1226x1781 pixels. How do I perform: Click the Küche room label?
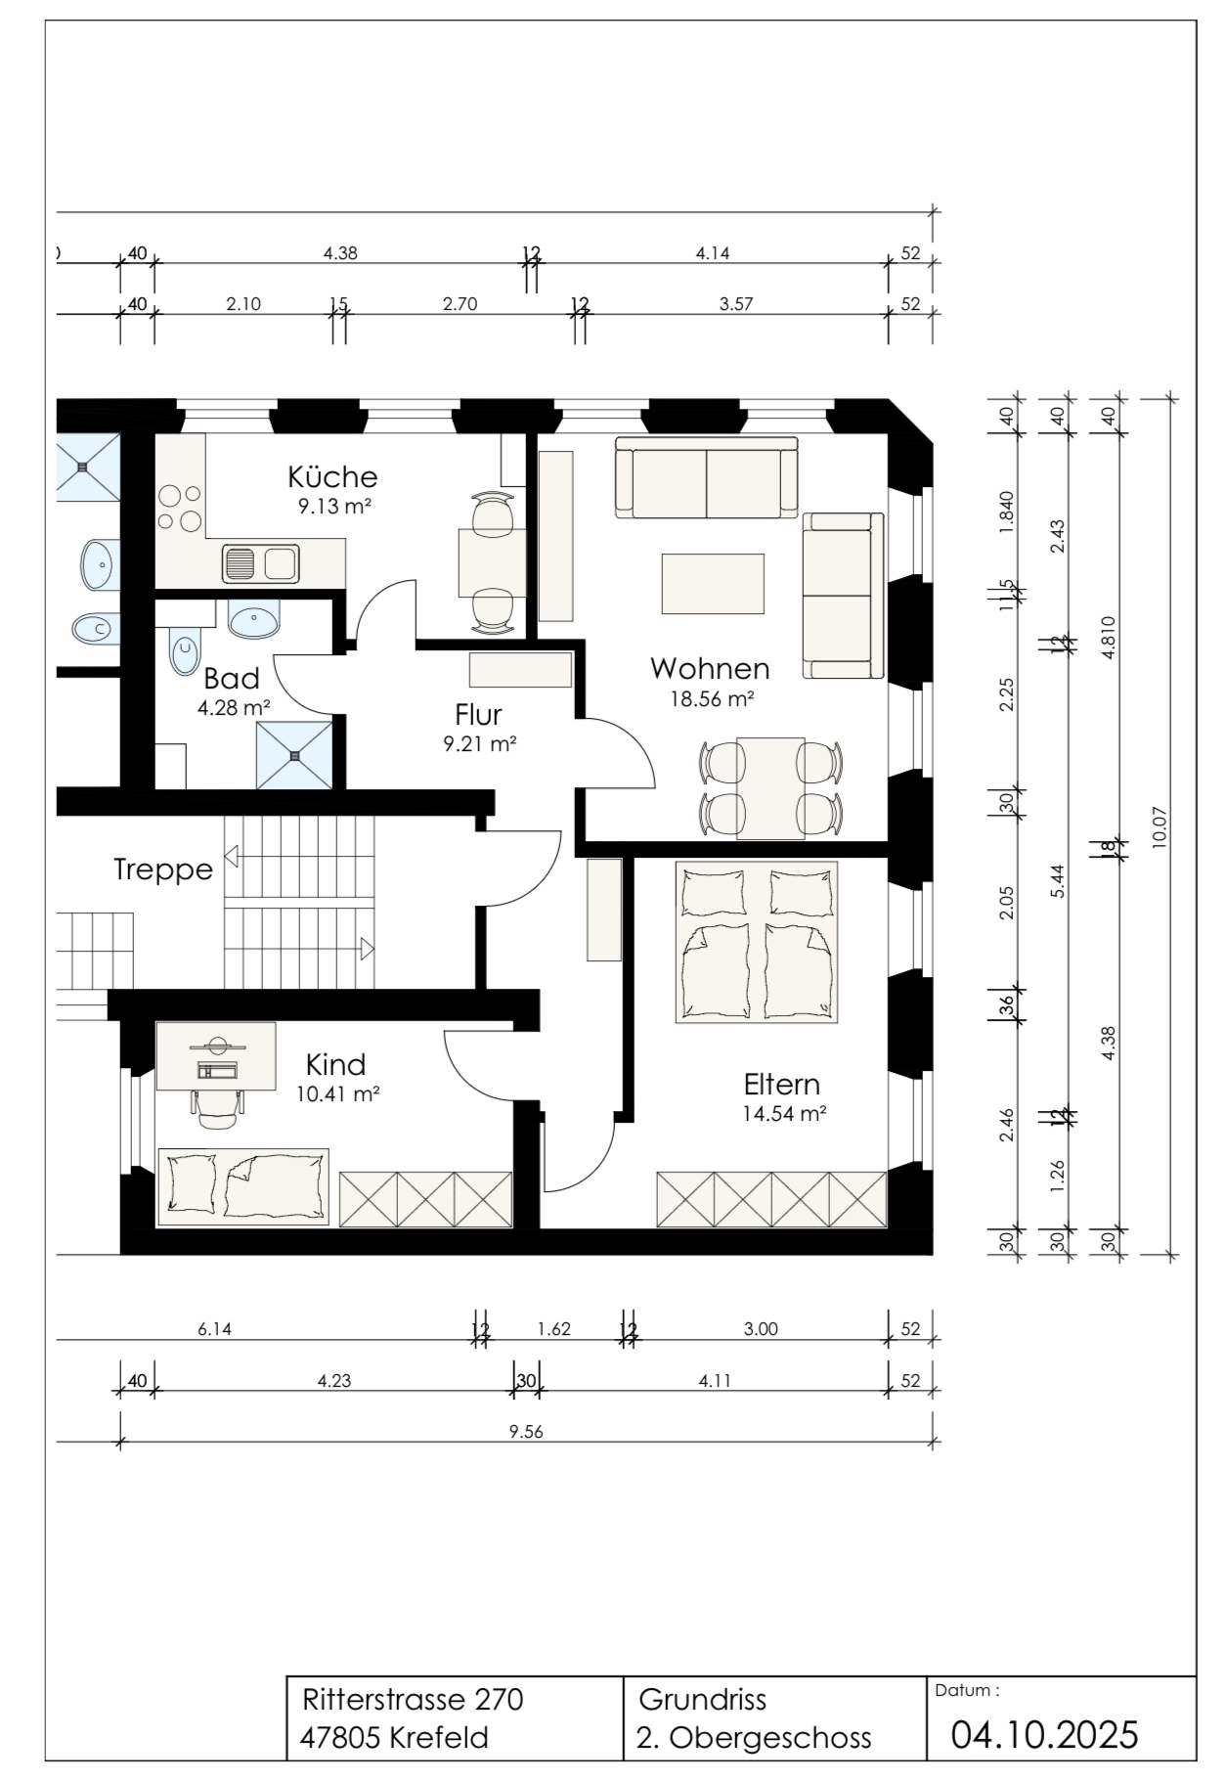click(332, 476)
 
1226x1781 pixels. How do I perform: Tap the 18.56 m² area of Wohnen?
click(711, 699)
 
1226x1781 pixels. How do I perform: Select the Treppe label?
click(163, 868)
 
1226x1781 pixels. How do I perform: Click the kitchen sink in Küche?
click(260, 563)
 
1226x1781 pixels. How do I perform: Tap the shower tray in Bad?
click(294, 755)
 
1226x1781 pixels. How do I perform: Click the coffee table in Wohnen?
click(713, 583)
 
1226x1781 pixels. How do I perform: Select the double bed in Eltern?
click(757, 942)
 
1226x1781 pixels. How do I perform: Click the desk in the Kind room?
click(216, 1055)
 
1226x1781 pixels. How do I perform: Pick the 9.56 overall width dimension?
click(526, 1432)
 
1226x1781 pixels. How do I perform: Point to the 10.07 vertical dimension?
click(1160, 826)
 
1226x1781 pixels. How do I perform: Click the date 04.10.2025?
click(1045, 1735)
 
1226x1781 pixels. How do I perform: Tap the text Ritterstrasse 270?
click(414, 1700)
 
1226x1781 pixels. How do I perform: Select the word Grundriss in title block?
click(702, 1700)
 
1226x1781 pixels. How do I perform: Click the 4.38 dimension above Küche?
click(340, 253)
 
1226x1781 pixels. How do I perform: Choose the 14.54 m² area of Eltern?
click(785, 1113)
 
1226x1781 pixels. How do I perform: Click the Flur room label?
click(478, 714)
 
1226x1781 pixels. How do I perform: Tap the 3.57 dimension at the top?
click(736, 304)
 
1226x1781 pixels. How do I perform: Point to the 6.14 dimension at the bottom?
click(214, 1329)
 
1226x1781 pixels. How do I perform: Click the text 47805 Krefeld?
click(395, 1738)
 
